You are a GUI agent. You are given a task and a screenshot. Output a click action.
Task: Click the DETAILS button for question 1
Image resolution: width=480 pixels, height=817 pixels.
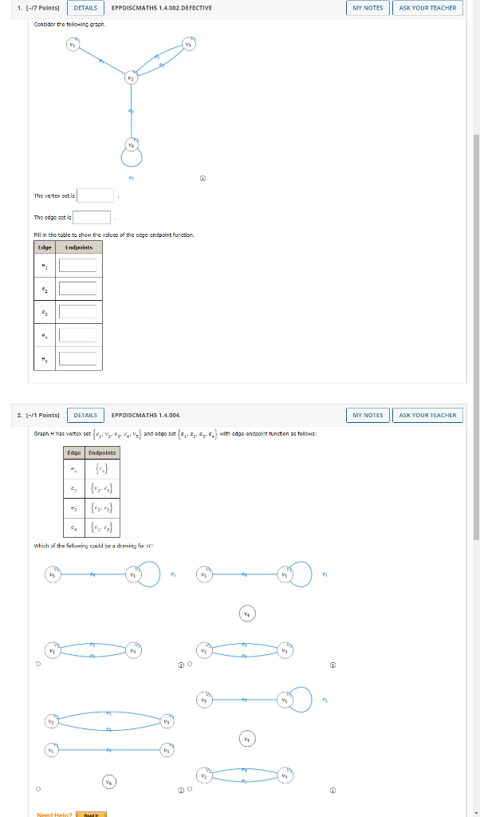pyautogui.click(x=85, y=8)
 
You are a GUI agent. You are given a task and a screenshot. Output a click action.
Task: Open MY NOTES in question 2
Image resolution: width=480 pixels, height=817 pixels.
pyautogui.click(x=368, y=415)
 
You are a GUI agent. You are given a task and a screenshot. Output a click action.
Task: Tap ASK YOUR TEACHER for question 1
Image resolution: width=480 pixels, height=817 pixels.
pyautogui.click(x=427, y=8)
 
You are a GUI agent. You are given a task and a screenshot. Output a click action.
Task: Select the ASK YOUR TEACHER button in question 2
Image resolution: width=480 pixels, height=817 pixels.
pyautogui.click(x=427, y=415)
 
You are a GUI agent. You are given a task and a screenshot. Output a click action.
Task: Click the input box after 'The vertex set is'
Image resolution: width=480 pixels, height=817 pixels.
pyautogui.click(x=96, y=195)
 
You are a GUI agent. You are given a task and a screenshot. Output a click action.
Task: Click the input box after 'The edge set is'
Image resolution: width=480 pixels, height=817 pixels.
pyautogui.click(x=93, y=217)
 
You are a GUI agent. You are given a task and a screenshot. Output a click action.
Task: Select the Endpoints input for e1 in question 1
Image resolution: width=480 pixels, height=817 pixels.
pyautogui.click(x=77, y=266)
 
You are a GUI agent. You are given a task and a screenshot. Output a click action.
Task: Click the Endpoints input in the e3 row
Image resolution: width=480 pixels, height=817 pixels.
pyautogui.click(x=77, y=312)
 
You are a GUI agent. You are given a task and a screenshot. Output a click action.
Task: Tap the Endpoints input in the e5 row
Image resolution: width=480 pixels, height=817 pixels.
pyautogui.click(x=77, y=358)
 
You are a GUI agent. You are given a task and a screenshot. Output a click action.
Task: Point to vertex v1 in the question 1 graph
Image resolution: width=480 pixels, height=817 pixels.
pyautogui.click(x=73, y=45)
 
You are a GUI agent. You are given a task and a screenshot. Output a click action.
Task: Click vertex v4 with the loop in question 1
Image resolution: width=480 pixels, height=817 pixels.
pyautogui.click(x=131, y=144)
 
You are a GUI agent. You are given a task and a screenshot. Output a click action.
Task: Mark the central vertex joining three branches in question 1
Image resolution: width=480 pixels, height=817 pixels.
pyautogui.click(x=131, y=78)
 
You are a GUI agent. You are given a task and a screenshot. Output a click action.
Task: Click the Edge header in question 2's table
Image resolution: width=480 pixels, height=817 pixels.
pyautogui.click(x=73, y=452)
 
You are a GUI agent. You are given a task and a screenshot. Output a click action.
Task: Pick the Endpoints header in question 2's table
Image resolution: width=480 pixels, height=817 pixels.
pyautogui.click(x=102, y=452)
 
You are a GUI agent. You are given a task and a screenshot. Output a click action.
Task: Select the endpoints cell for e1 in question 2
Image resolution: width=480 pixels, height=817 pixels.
pyautogui.click(x=102, y=468)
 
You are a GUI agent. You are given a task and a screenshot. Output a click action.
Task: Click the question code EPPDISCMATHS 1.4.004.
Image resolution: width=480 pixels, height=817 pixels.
pyautogui.click(x=146, y=415)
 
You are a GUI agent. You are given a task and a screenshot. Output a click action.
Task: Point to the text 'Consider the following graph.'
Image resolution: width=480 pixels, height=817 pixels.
pyautogui.click(x=69, y=24)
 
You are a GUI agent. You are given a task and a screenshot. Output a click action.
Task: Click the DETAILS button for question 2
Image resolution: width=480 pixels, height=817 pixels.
pyautogui.click(x=85, y=415)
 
